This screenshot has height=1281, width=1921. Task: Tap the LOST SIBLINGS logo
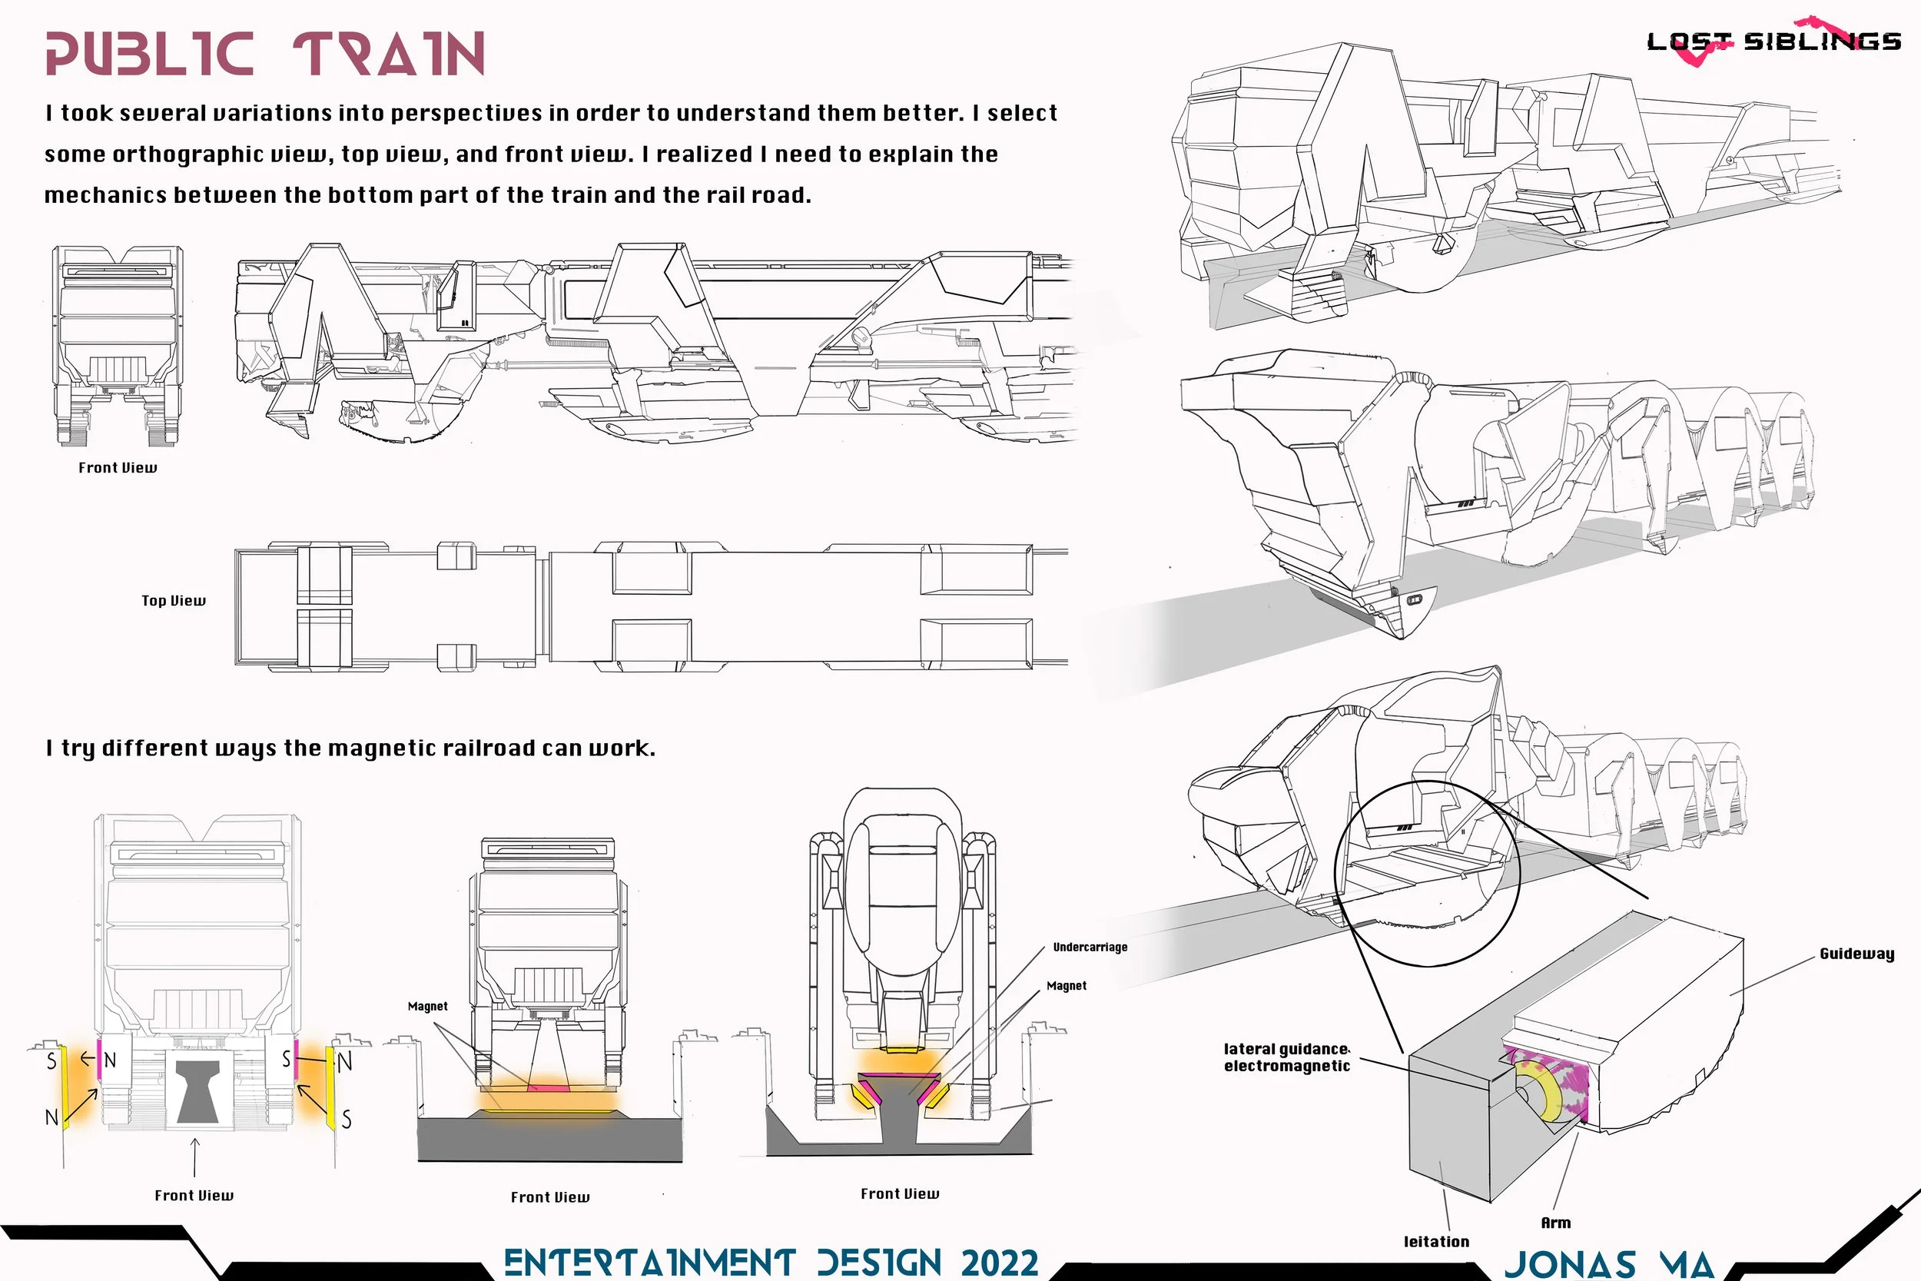[x=1773, y=41]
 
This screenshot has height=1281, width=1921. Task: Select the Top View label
[x=173, y=600]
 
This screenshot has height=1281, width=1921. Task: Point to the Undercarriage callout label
[x=1090, y=947]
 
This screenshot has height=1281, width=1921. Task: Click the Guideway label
[x=1856, y=954]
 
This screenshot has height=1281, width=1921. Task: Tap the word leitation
[x=1436, y=1242]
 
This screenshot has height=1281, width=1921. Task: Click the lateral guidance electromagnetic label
[x=1286, y=1057]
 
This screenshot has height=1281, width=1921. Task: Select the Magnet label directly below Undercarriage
[x=1066, y=986]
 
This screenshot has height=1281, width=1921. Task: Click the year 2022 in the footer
[x=999, y=1263]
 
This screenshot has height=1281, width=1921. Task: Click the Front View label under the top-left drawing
[x=118, y=467]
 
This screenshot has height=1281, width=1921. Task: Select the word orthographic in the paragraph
[x=187, y=154]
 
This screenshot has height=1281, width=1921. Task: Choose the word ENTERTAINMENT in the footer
[x=649, y=1263]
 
